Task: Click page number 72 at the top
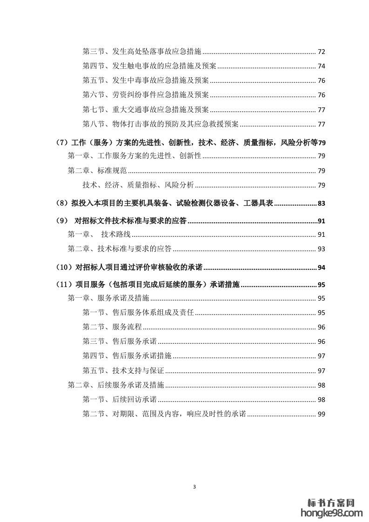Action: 321,51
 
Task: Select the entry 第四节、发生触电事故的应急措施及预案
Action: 149,66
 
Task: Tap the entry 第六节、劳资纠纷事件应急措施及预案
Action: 146,95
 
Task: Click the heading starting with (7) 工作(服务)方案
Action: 186,142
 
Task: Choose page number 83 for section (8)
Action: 321,203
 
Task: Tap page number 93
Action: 321,249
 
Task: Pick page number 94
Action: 321,268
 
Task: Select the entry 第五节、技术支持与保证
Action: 123,370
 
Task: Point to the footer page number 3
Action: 195,487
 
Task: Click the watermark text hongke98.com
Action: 332,513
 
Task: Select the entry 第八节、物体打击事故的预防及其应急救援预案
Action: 161,124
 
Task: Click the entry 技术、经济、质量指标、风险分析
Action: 138,185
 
